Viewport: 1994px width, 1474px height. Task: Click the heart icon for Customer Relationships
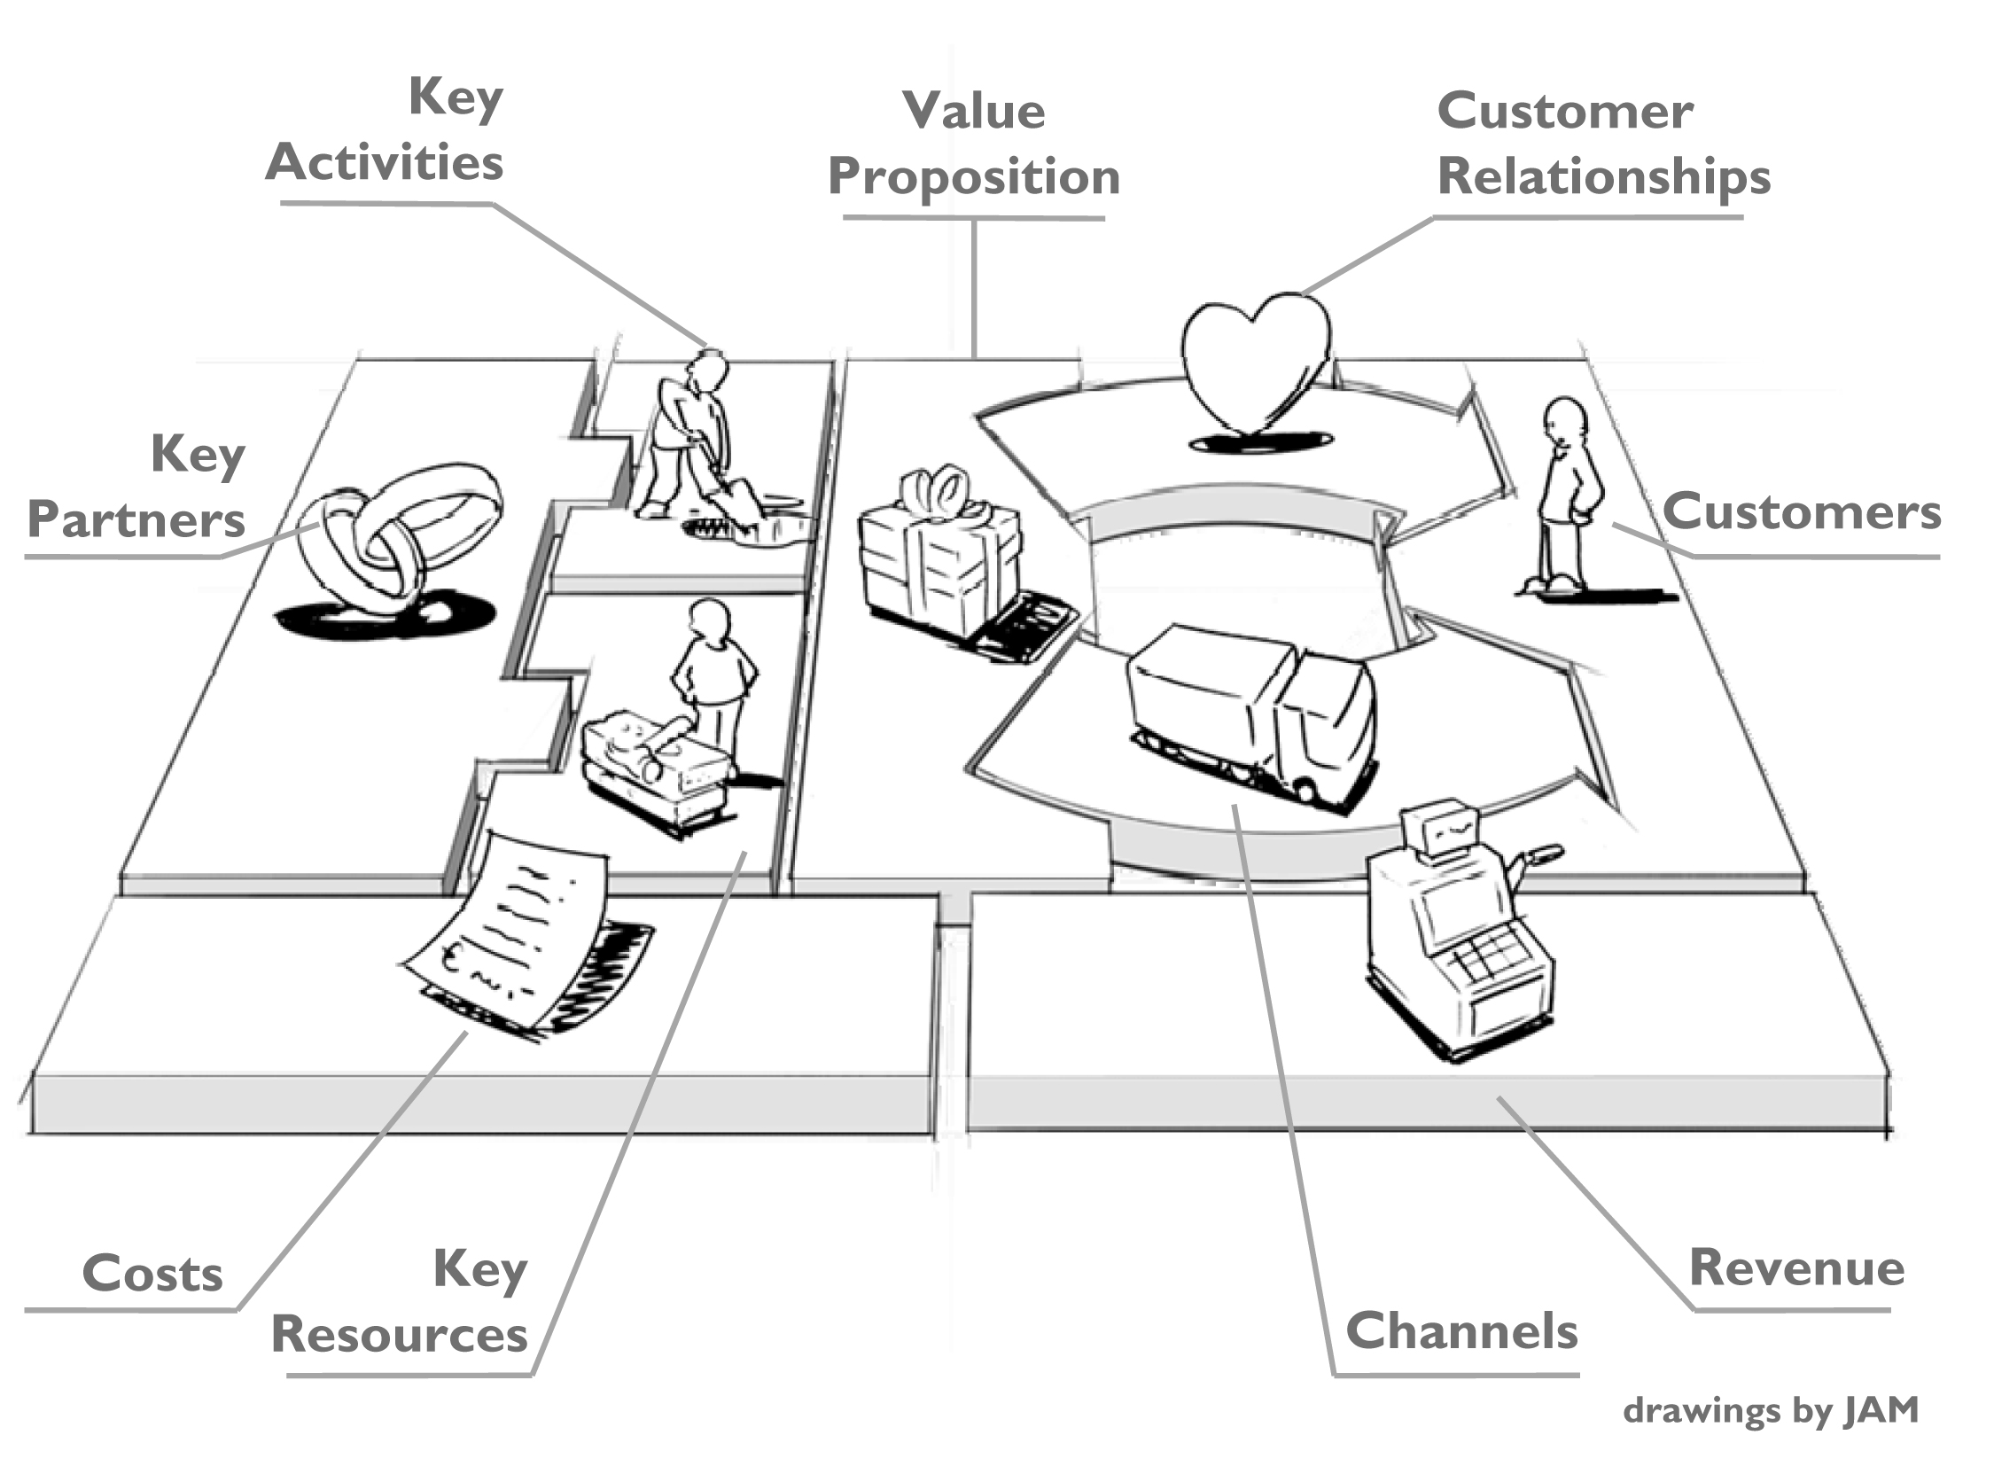pos(1255,362)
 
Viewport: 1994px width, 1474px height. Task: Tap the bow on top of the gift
pos(937,491)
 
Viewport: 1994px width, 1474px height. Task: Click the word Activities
pos(385,163)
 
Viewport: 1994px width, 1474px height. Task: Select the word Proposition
pos(973,176)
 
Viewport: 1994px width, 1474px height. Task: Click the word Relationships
pos(1603,176)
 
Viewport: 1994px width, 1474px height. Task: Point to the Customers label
pos(1802,513)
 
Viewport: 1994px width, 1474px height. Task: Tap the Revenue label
pos(1797,1268)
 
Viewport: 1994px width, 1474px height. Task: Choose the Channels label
pos(1461,1332)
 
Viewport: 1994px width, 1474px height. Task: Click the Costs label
pos(152,1275)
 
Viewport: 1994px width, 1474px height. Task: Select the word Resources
pos(399,1336)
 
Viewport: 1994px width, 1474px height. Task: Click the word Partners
pos(136,520)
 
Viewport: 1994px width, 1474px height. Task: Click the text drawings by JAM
pos(1770,1411)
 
